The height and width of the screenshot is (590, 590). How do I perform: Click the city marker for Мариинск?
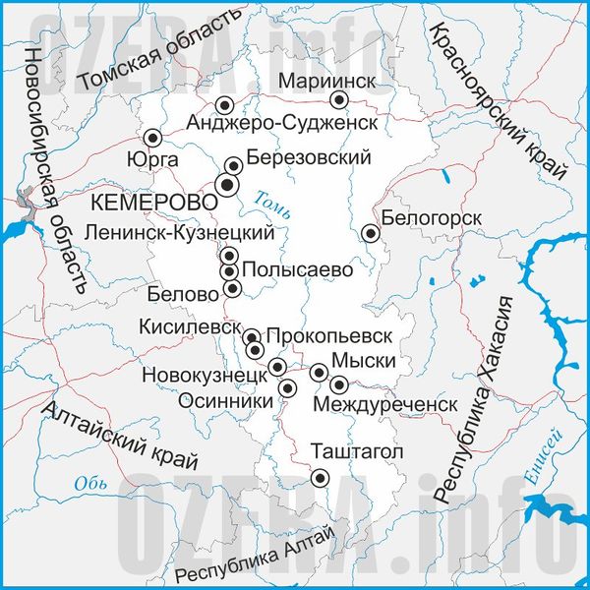pyautogui.click(x=339, y=99)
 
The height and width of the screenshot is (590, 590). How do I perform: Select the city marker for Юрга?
pyautogui.click(x=152, y=138)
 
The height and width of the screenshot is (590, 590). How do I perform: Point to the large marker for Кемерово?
pyautogui.click(x=227, y=184)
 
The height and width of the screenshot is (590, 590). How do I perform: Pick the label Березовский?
pyautogui.click(x=309, y=157)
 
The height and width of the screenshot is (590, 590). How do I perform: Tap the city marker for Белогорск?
pyautogui.click(x=371, y=233)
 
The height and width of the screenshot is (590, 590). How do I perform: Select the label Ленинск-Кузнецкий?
pyautogui.click(x=179, y=233)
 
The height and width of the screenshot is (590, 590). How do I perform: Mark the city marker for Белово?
pyautogui.click(x=232, y=288)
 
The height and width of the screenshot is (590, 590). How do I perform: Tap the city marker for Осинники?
pyautogui.click(x=287, y=388)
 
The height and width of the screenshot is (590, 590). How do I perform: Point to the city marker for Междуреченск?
pyautogui.click(x=339, y=384)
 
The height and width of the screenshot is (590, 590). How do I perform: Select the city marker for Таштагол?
pyautogui.click(x=320, y=478)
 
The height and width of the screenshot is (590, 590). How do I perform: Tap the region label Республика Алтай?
pyautogui.click(x=254, y=557)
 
